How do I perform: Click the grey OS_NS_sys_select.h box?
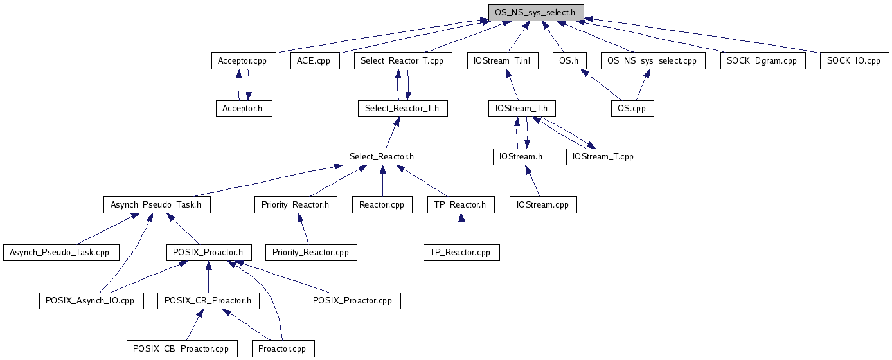click(x=536, y=13)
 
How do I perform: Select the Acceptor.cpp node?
click(x=244, y=61)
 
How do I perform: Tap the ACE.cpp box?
click(x=315, y=61)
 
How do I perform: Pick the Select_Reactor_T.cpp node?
click(x=403, y=61)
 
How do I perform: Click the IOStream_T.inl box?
click(x=503, y=61)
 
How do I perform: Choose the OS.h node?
click(x=569, y=61)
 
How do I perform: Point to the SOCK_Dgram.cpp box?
click(x=763, y=61)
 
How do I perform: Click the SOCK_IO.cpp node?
click(x=855, y=61)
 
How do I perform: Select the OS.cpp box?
click(x=632, y=108)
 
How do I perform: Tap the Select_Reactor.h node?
click(x=382, y=156)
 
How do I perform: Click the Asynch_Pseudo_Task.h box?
click(x=157, y=204)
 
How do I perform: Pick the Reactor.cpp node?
click(x=382, y=204)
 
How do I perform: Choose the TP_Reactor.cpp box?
click(x=461, y=253)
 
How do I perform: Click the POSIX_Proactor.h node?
click(x=209, y=253)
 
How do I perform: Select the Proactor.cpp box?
click(x=283, y=349)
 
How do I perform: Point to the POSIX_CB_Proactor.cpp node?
click(x=182, y=349)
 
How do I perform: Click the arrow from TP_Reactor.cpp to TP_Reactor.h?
click(x=461, y=229)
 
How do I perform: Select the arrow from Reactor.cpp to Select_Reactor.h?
click(x=382, y=181)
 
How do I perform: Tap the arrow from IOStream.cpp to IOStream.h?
click(x=533, y=181)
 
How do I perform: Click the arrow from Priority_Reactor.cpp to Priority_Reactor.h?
click(x=304, y=229)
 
